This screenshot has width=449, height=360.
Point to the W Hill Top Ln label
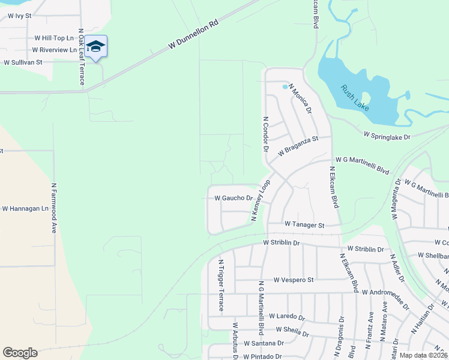[53, 37]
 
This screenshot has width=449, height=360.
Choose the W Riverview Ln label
[55, 50]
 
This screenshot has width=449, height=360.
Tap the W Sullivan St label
[23, 62]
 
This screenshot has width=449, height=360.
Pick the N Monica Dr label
[300, 98]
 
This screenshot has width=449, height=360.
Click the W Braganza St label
[297, 147]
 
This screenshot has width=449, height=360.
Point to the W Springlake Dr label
[386, 137]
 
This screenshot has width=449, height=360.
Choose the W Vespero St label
[294, 280]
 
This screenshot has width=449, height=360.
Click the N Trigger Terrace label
[221, 285]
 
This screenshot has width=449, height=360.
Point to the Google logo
[20, 353]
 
